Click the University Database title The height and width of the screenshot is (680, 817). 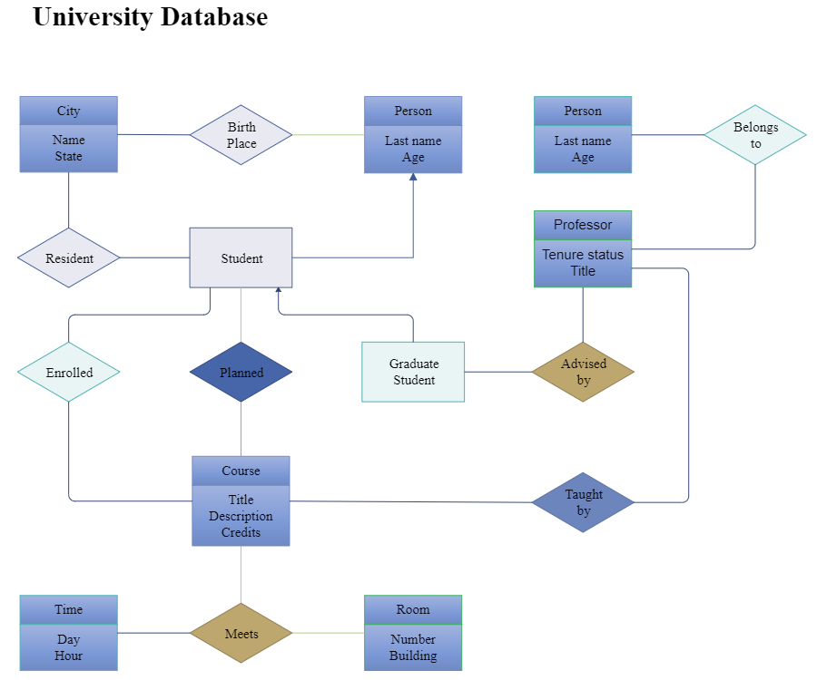(x=150, y=16)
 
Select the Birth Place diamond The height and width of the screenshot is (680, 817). (x=241, y=135)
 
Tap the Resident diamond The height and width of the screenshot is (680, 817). (x=69, y=258)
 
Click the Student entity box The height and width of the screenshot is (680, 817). (x=241, y=258)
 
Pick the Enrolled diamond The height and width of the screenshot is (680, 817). (x=69, y=373)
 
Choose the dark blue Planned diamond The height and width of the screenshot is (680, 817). (x=241, y=373)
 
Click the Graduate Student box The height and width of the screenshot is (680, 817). (x=413, y=372)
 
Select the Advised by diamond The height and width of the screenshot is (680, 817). (x=583, y=372)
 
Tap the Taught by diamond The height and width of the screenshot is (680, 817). (x=583, y=502)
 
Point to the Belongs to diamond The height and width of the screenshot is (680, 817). (x=755, y=135)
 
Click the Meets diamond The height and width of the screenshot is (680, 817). (x=241, y=634)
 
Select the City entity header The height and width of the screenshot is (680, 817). (x=69, y=111)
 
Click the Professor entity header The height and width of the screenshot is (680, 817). (x=583, y=225)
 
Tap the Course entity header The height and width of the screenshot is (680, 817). (x=241, y=471)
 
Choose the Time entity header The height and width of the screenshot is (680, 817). (x=69, y=609)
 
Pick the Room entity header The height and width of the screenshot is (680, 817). (x=413, y=609)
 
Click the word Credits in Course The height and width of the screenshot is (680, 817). (x=241, y=532)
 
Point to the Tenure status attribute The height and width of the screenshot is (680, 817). (x=583, y=255)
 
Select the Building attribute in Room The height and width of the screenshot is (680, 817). (x=413, y=656)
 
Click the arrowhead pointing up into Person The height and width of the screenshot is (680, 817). (x=413, y=178)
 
